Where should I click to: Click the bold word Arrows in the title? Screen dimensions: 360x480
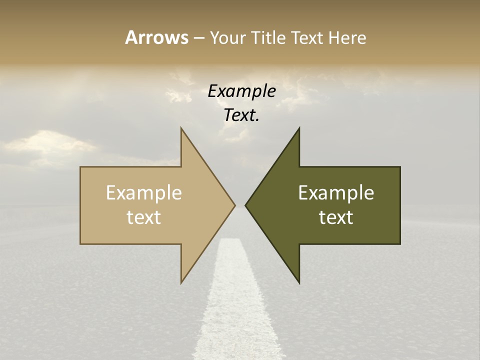tap(156, 37)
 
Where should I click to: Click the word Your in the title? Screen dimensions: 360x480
tap(228, 37)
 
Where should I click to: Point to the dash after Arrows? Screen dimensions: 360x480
tap(198, 38)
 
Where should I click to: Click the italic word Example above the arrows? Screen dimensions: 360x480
tap(241, 91)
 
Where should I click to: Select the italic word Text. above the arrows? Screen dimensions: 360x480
tap(241, 115)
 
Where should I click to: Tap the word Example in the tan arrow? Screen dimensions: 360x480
tap(144, 192)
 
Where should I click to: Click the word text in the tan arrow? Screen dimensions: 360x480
tap(144, 217)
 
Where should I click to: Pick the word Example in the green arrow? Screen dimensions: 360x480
tap(336, 192)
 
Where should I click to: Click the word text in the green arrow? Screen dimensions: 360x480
tap(336, 217)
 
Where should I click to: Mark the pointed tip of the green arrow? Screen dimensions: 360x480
tap(246, 205)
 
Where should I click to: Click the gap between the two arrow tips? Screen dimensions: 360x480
tap(240, 205)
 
